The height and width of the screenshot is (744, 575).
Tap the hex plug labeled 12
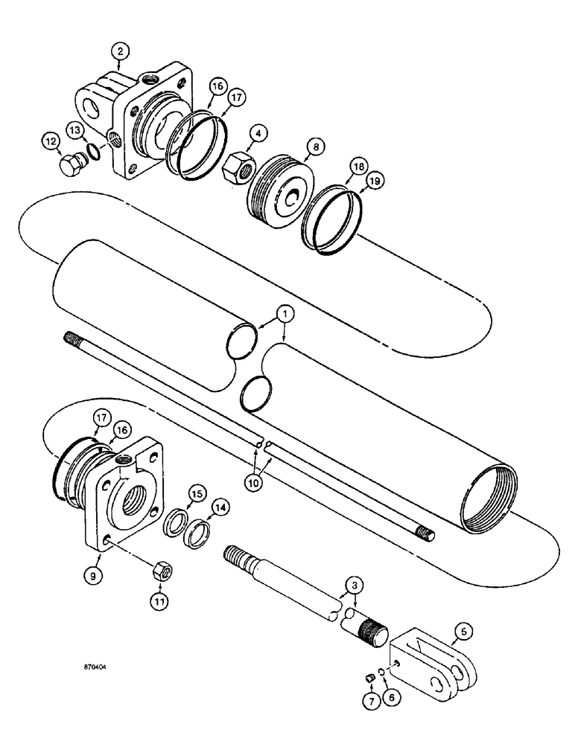tap(72, 162)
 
